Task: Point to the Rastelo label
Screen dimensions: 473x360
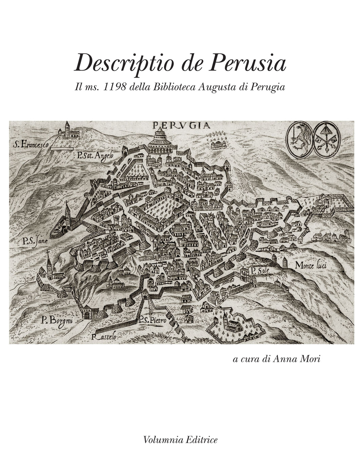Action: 104,338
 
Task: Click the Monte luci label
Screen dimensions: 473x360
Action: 310,266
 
